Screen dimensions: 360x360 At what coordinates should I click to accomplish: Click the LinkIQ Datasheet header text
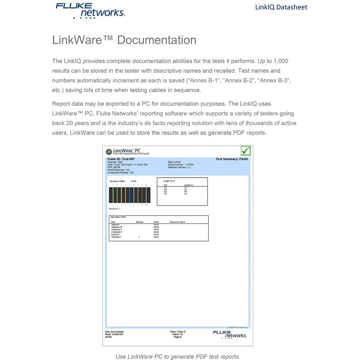tap(281, 7)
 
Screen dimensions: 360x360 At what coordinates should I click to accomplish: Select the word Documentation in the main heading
tap(157, 40)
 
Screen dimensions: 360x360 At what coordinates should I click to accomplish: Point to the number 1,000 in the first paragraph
tap(281, 61)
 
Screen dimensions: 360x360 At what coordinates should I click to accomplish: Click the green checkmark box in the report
tap(246, 150)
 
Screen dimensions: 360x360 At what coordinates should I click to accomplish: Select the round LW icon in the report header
tap(109, 152)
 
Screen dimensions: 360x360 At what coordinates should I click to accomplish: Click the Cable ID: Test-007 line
tap(121, 159)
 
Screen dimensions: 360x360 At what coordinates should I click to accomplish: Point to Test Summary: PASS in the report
tap(231, 159)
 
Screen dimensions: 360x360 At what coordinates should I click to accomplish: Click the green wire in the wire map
tap(117, 195)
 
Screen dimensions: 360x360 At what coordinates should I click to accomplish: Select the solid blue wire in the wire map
tap(130, 195)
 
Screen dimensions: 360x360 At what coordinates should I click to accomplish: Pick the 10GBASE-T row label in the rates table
tap(117, 237)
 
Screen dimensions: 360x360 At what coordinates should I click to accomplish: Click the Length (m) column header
tap(189, 185)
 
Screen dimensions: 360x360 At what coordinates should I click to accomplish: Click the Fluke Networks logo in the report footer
tap(229, 334)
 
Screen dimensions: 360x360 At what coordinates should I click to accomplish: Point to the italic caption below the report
tap(177, 357)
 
